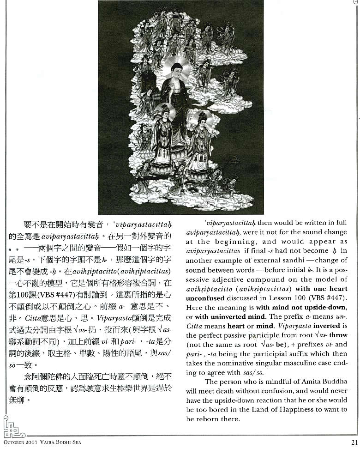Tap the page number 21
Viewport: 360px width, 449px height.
coord(354,442)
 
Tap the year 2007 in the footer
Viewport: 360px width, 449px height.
coord(33,443)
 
